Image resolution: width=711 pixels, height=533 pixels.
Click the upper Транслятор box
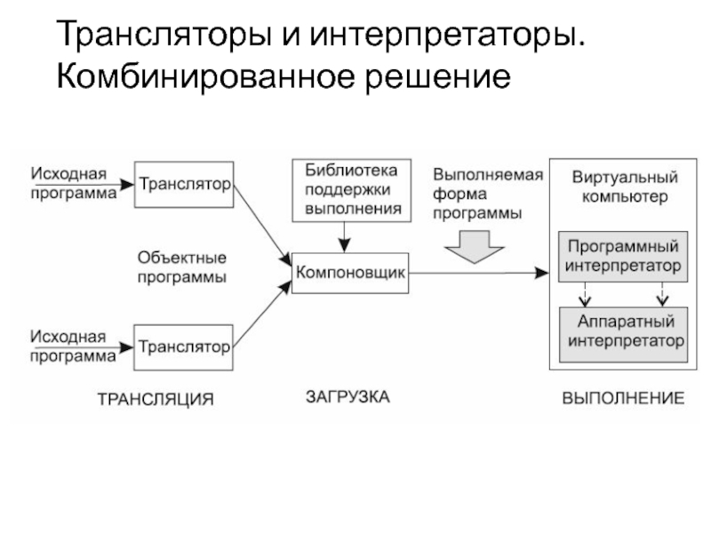click(184, 184)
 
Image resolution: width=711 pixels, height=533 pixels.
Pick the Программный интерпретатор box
click(623, 256)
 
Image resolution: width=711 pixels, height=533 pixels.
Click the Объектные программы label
click(181, 266)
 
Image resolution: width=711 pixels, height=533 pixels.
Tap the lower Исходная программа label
click(73, 346)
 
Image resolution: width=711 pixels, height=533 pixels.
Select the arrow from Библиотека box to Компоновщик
click(348, 235)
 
